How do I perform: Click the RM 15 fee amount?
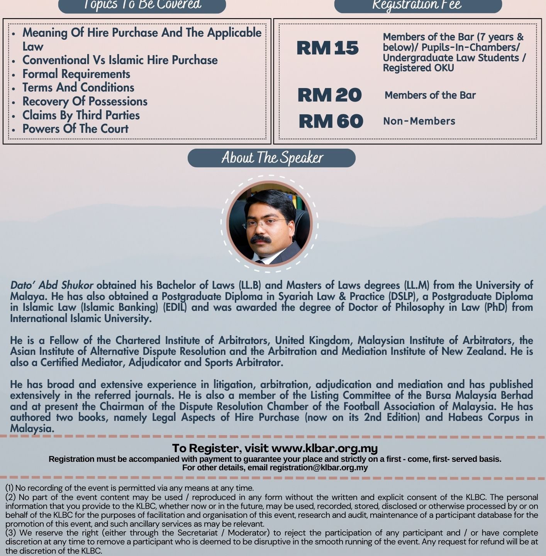(327, 48)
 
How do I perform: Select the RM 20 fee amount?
(329, 95)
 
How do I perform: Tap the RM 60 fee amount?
(331, 121)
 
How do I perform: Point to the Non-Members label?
(419, 121)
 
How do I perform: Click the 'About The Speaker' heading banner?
(271, 158)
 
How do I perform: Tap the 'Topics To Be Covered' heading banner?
(142, 5)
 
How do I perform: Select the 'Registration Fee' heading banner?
(418, 5)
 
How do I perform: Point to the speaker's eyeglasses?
(265, 223)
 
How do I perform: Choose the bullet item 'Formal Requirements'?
(76, 74)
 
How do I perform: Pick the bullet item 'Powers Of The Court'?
(75, 129)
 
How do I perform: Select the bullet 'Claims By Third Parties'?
(81, 115)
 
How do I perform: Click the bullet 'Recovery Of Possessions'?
(85, 102)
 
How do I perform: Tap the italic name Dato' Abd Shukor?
(51, 285)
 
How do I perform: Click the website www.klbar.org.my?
(324, 448)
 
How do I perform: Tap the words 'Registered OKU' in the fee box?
(418, 68)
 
